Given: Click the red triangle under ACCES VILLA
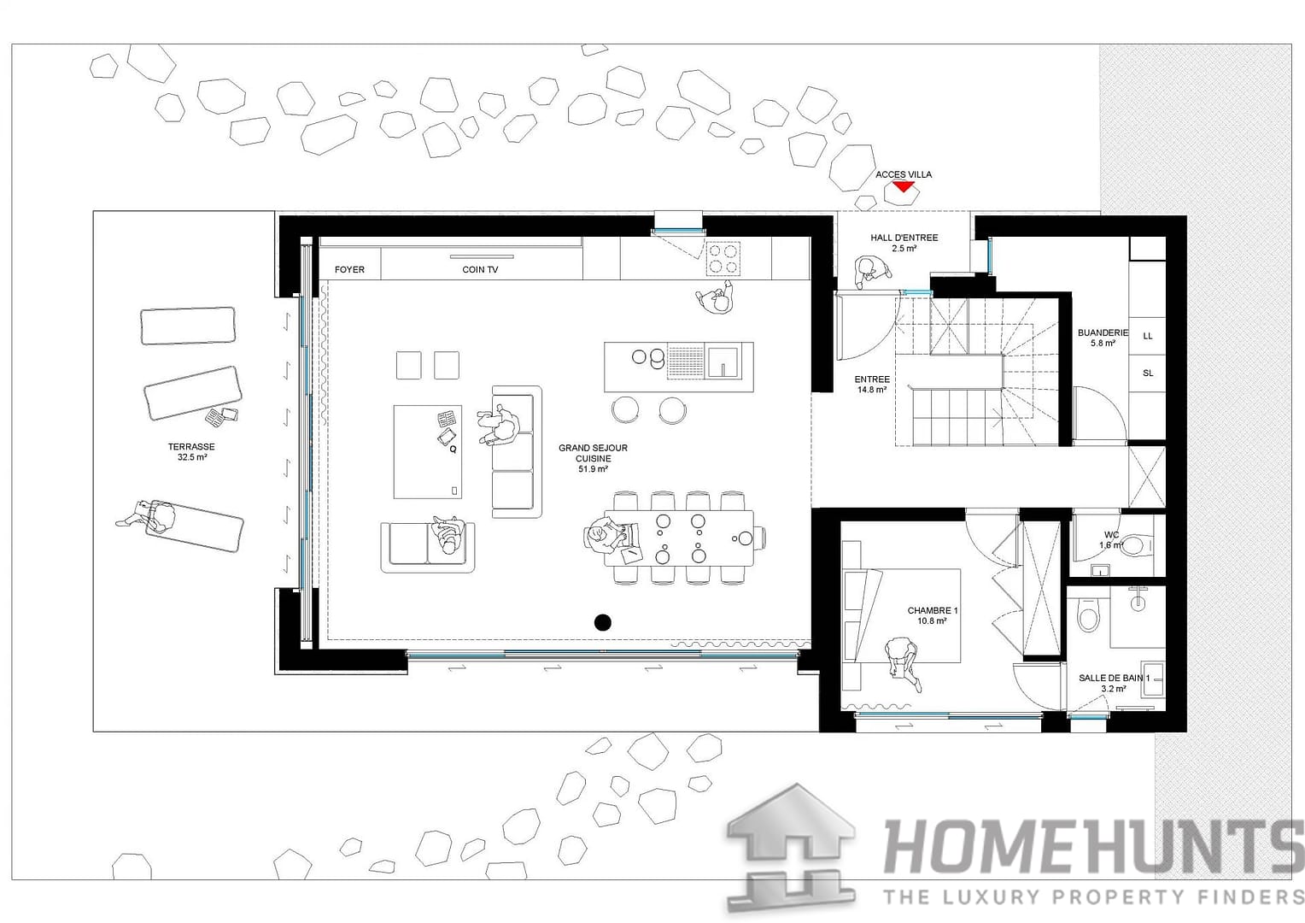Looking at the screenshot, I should (903, 185).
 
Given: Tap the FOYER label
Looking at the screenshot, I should (349, 269).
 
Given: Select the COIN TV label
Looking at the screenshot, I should (480, 269).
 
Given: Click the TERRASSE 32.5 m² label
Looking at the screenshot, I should (191, 452).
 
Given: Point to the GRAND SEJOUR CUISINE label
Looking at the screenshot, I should (593, 458).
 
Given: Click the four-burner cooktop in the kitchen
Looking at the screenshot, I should (723, 258).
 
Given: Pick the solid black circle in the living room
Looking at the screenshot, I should (603, 622).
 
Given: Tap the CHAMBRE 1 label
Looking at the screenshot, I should (932, 616).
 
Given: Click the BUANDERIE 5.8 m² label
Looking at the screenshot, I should (1103, 338).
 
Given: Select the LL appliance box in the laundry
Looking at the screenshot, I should (1147, 336).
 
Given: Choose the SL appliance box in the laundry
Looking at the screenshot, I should (1147, 373).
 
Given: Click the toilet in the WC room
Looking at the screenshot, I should (1134, 544).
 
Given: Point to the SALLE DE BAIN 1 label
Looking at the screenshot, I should (1114, 683).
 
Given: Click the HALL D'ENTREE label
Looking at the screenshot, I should (904, 243).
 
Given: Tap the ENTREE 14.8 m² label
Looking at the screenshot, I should (871, 384).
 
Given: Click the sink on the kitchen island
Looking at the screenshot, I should (724, 362).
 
